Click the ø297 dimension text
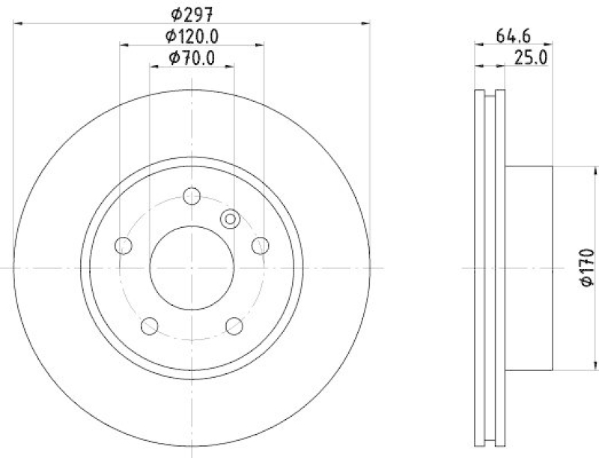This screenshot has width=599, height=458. pos(192,12)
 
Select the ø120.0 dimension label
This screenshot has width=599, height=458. pos(192,35)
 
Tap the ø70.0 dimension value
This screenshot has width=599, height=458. pos(192,57)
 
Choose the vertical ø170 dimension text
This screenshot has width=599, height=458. pos(586,268)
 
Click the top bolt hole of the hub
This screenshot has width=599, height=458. pos(192,196)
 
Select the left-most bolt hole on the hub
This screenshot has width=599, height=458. pos(124,245)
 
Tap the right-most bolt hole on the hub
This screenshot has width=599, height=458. pos(261,245)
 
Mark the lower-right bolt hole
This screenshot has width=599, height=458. pos(234,325)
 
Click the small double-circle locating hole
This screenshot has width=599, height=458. pos(231,219)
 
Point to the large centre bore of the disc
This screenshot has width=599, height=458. pos(192,268)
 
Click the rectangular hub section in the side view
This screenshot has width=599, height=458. pos(530,268)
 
